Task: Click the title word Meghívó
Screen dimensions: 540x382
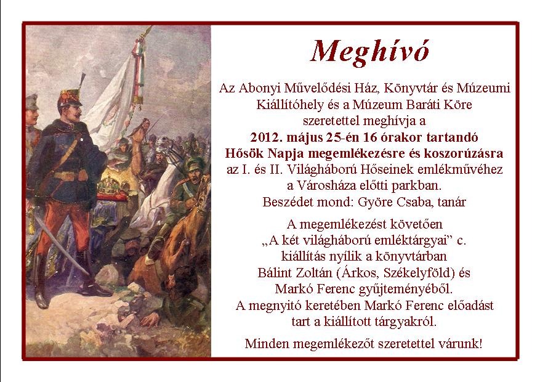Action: [370, 52]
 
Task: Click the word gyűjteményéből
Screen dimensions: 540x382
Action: [405, 290]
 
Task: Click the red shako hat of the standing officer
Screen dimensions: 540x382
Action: [70, 98]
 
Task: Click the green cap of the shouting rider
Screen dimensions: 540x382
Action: [195, 165]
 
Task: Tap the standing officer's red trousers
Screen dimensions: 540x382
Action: [63, 227]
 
